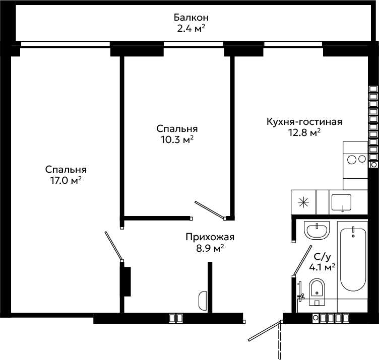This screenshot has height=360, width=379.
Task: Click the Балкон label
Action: coord(191,18)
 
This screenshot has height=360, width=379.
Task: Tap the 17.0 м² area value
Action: coord(66,180)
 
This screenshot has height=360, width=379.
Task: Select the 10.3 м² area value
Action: coord(177,139)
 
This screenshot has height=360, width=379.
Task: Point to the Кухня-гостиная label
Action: coord(304,121)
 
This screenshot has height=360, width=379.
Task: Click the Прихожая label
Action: coord(210,237)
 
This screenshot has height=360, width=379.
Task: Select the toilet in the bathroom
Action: coord(317,292)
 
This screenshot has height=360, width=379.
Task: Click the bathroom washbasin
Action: coord(317,230)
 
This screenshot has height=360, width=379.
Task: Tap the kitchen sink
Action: coord(341,202)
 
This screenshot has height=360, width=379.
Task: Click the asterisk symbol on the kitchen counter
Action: coord(303,202)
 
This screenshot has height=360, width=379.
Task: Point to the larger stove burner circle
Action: coord(352,160)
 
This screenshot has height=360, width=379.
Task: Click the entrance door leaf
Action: coord(265,331)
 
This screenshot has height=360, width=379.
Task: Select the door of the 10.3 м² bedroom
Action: coord(210,210)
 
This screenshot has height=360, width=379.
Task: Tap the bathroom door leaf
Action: coord(302,260)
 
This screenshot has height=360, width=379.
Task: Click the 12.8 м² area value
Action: coord(304,132)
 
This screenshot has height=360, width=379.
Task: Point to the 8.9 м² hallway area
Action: coord(210,248)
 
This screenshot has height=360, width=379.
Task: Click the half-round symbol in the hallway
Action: coord(203,301)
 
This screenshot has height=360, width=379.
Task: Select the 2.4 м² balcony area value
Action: coord(191,29)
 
